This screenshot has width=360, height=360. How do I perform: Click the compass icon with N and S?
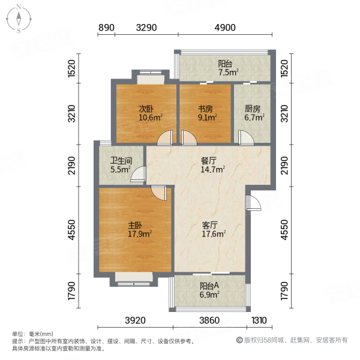[19, 19]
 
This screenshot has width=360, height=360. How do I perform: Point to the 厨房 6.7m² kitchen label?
[253, 113]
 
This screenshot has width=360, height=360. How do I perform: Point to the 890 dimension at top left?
[106, 28]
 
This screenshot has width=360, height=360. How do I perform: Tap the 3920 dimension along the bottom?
[136, 320]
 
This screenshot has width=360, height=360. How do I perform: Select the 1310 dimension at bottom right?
[259, 320]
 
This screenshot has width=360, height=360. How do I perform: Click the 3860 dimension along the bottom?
[210, 320]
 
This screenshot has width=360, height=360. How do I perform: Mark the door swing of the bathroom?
[139, 175]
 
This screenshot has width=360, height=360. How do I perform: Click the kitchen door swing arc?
[245, 137]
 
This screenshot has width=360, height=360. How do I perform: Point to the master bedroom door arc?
[159, 192]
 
